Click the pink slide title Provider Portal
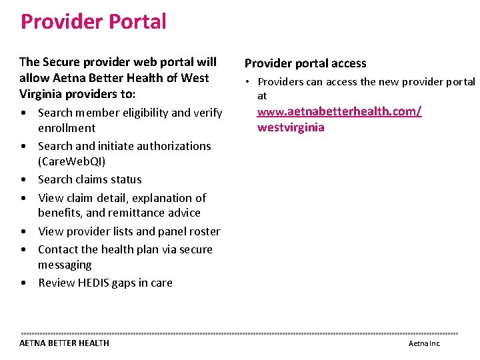point(93,21)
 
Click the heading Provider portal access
point(305,63)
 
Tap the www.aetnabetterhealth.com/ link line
point(339,111)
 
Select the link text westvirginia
point(291,127)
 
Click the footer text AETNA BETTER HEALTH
point(64,343)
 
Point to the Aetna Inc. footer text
point(424,343)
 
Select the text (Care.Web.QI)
point(72,161)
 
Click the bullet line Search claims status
point(89,179)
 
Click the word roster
point(204,231)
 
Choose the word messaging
point(65,265)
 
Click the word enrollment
point(67,128)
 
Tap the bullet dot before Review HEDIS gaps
point(24,283)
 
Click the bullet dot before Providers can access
point(247,82)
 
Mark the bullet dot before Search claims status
point(24,180)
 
